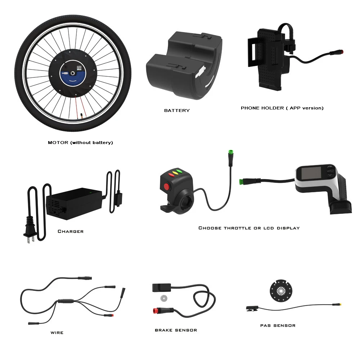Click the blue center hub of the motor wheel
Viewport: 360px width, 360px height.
click(73, 73)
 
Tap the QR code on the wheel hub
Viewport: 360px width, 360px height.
click(79, 68)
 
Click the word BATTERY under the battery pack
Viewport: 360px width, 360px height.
click(177, 111)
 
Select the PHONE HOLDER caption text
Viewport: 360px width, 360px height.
click(282, 108)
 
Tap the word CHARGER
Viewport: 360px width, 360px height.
click(71, 231)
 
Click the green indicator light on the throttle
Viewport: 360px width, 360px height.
click(179, 171)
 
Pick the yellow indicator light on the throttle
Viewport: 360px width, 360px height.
click(175, 173)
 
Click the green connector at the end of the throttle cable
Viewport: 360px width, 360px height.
click(231, 152)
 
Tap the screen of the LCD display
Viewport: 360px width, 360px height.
click(311, 173)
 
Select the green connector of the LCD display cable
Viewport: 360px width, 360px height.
click(241, 182)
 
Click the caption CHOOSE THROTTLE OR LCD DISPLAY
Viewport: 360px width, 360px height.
click(249, 228)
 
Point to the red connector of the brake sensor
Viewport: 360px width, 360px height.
click(156, 311)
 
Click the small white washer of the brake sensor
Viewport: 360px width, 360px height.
click(164, 298)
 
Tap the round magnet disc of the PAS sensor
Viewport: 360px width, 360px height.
click(281, 291)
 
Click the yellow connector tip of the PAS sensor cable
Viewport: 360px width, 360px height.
click(341, 305)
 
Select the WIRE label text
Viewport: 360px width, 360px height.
click(57, 333)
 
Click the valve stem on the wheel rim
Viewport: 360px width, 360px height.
click(81, 116)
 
